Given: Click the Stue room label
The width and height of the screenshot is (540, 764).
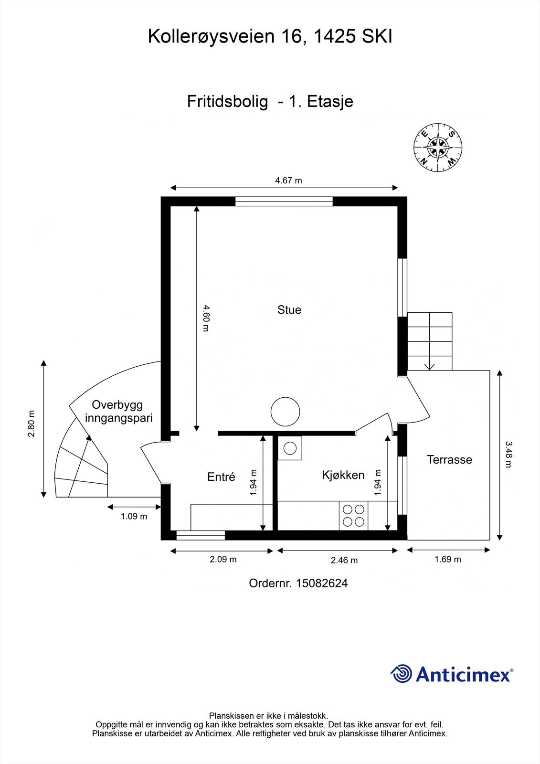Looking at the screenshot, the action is [289, 310].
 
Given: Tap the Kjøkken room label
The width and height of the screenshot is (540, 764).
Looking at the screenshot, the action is [343, 475].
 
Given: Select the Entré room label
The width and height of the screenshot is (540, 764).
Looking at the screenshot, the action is [221, 477].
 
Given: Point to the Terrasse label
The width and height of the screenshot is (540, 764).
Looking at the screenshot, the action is [449, 459].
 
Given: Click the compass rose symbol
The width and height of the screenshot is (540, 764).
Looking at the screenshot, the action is [438, 148].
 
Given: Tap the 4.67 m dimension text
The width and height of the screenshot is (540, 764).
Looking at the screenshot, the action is [288, 180].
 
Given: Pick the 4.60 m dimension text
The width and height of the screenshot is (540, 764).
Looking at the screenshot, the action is [206, 318].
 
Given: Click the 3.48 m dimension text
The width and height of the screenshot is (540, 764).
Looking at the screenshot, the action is [508, 454].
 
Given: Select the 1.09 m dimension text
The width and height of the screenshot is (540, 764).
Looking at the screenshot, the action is [134, 516].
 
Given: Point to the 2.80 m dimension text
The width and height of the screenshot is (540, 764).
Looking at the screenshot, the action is [32, 423].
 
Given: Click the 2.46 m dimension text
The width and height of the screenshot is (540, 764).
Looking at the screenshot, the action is [344, 560].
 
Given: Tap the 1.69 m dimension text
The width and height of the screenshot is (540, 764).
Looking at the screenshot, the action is [447, 559].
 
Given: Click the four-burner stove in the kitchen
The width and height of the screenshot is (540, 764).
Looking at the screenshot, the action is [353, 515].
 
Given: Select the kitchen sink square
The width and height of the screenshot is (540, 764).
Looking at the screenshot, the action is [290, 448].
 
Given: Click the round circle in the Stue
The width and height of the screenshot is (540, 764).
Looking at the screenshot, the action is [285, 412].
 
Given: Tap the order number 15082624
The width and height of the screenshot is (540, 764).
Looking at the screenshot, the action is [322, 583].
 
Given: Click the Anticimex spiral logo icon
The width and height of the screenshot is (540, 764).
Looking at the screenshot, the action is [401, 674].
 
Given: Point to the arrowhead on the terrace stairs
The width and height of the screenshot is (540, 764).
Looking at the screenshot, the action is [430, 367].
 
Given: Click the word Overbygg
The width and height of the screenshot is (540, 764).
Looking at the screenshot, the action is [117, 405].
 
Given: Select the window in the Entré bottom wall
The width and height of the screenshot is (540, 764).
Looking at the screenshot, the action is [201, 535].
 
